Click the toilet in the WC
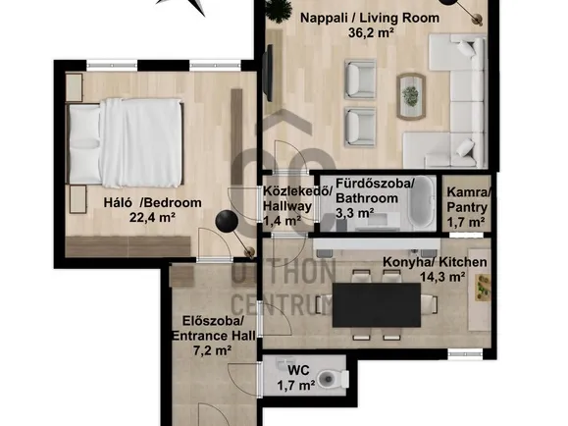tap(333, 379)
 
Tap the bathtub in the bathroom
tap(422, 202)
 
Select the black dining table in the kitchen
tap(377, 305)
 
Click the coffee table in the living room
tap(411, 96)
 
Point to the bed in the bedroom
tap(125, 142)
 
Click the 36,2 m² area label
tap(371, 33)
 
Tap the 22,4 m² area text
tap(152, 218)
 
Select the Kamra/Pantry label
tap(468, 200)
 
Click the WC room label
tap(298, 370)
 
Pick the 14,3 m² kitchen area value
tap(442, 278)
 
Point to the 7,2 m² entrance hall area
tap(213, 350)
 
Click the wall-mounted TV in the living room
tap(269, 73)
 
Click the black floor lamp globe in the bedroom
tap(227, 221)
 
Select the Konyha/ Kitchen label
tap(435, 262)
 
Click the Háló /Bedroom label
tap(152, 202)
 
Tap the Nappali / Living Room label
tap(370, 18)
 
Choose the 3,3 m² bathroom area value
tap(355, 214)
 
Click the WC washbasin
tap(284, 363)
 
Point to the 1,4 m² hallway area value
tap(282, 221)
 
